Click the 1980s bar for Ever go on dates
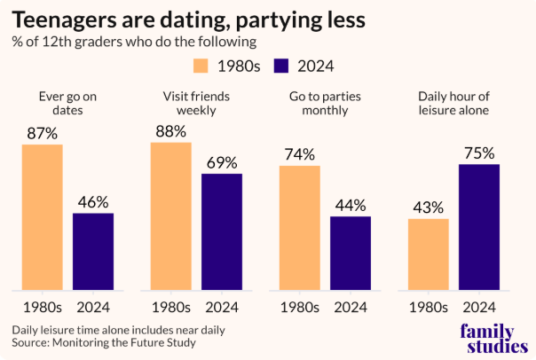click(43, 216)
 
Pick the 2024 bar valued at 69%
click(222, 231)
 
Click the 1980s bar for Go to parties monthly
click(300, 227)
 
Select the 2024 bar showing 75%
click(479, 227)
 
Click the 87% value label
click(43, 132)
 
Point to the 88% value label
click(171, 130)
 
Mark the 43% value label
click(429, 207)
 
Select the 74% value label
click(300, 154)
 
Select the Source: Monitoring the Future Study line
click(104, 343)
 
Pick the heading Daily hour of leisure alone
click(453, 103)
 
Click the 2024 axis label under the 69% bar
click(222, 308)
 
